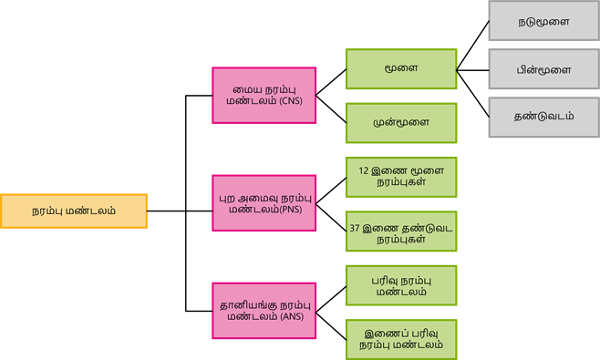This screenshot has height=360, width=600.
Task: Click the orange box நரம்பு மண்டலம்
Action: (74, 211)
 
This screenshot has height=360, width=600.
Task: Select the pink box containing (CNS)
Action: (264, 96)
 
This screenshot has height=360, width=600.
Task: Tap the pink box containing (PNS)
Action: (264, 203)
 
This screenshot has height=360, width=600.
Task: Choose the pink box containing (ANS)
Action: (264, 311)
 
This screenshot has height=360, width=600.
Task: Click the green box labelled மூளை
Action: (401, 68)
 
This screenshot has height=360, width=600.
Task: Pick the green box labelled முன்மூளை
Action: (401, 122)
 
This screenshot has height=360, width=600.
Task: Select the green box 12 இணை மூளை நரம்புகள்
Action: (401, 177)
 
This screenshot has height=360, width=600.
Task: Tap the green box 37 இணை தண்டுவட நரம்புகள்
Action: (401, 231)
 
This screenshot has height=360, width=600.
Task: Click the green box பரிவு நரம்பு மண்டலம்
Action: (401, 285)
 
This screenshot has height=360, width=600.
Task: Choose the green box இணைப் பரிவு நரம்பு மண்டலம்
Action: (401, 339)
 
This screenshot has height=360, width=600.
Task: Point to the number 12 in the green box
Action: (364, 170)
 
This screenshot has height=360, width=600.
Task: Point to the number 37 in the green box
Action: (356, 225)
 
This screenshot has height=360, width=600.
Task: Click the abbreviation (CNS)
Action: (291, 102)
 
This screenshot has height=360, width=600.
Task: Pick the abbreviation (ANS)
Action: (292, 317)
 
